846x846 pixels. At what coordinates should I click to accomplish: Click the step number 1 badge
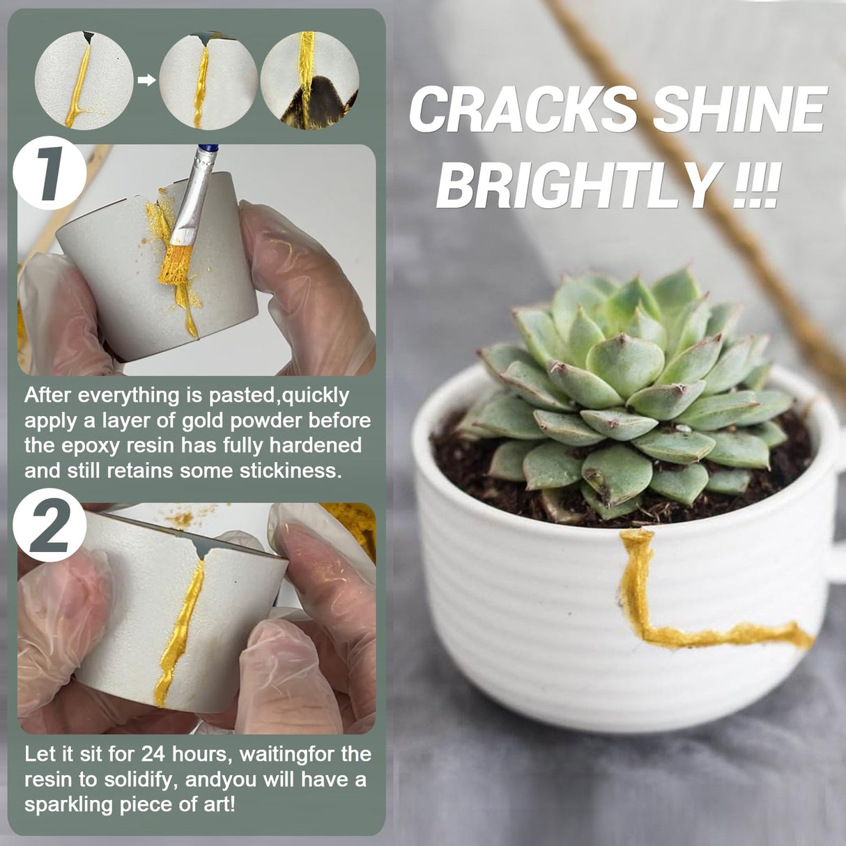(x=49, y=174)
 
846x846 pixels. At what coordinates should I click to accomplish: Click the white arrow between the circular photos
(x=146, y=80)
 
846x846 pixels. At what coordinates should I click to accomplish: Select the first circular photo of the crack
(x=84, y=80)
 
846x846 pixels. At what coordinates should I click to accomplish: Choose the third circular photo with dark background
(x=309, y=80)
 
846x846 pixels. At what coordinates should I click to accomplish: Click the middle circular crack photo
(x=208, y=80)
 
